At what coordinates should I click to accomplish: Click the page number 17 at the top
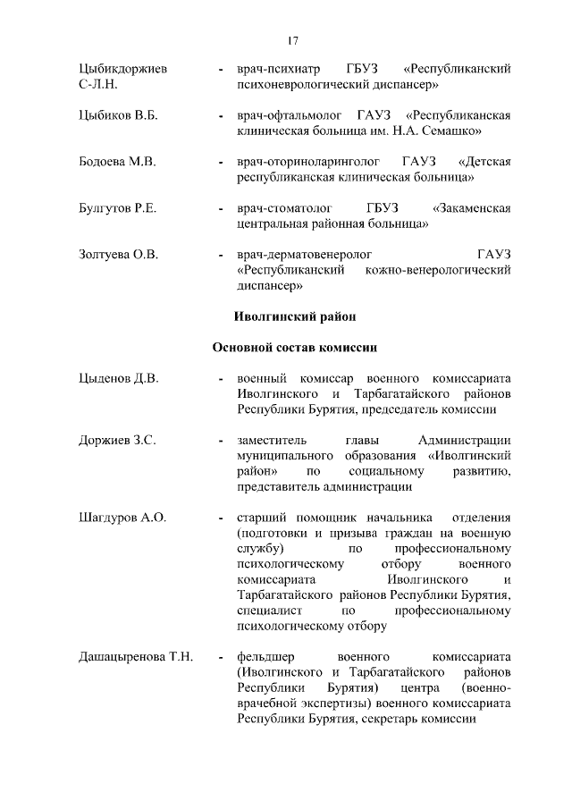292,40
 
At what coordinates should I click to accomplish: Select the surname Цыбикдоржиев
124,69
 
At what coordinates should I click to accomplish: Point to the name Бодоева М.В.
117,162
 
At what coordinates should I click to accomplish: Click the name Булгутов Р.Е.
117,208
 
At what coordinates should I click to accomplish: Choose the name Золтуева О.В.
118,255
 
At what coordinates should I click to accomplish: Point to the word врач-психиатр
277,69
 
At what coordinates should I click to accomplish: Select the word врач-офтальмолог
288,115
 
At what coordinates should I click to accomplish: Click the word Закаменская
471,208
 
